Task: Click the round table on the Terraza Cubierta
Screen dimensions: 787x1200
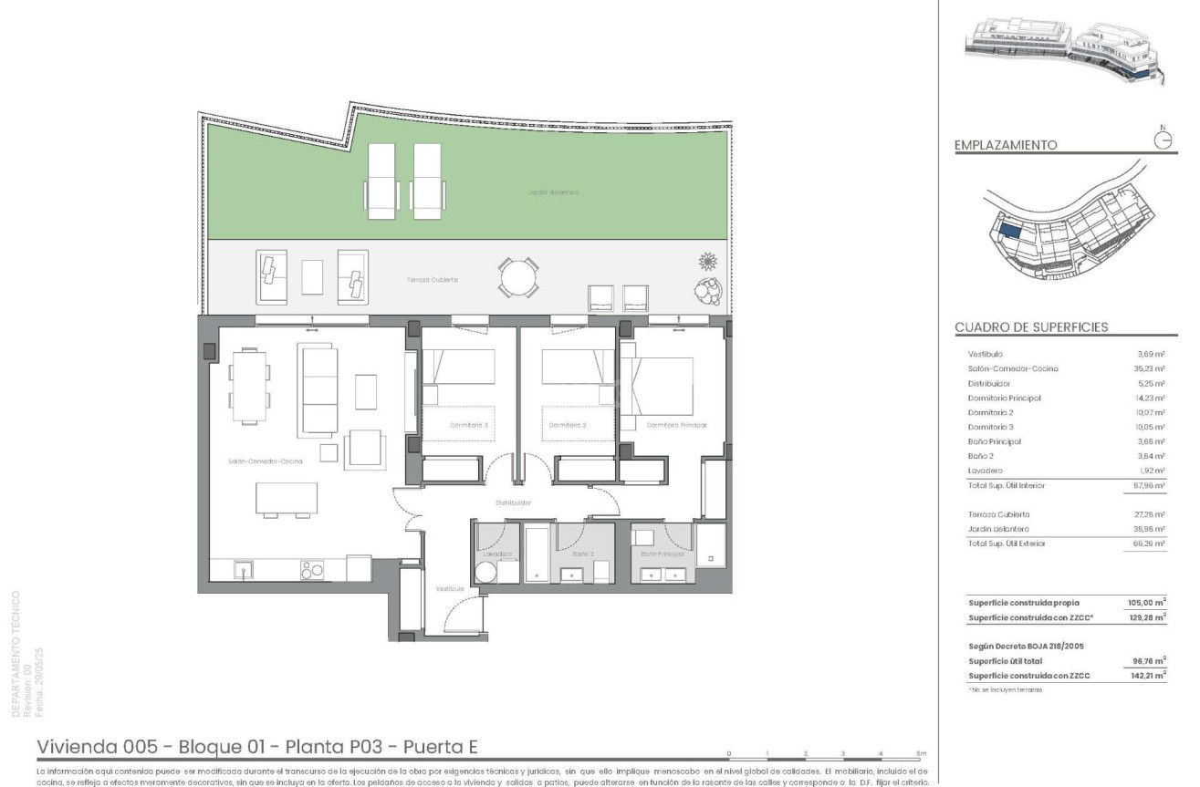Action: (519, 276)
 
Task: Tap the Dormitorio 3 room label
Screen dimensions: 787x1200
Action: (469, 426)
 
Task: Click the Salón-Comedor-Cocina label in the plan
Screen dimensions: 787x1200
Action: (265, 461)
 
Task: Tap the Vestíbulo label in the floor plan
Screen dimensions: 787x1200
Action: (449, 589)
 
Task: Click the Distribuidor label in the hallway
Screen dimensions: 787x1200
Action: (514, 502)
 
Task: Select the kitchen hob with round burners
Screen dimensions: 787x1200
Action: (312, 570)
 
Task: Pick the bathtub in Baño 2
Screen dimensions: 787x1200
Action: (537, 554)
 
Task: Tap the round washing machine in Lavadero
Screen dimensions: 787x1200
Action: (485, 573)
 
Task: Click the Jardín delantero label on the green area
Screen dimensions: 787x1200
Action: (553, 192)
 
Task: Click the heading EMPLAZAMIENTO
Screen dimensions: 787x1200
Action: (1005, 145)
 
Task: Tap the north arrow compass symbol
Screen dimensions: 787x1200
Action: (1163, 139)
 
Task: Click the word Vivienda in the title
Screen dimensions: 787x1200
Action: (78, 748)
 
